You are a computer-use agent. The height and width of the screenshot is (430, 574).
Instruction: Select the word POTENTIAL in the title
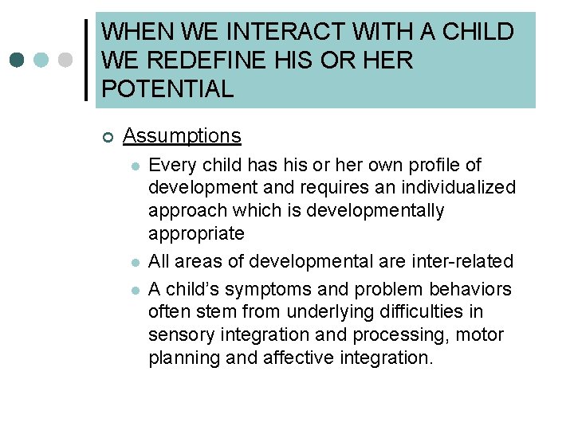167,88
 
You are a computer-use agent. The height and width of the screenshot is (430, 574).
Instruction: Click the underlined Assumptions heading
182,136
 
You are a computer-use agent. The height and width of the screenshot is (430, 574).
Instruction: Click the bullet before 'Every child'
136,166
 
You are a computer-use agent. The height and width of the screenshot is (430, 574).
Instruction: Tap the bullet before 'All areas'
136,262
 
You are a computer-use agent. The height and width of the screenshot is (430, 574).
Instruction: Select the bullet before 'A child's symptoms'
136,289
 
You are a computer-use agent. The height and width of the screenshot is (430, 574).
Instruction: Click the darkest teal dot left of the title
17,61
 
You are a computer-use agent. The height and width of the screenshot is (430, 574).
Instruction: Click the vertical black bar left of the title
87,61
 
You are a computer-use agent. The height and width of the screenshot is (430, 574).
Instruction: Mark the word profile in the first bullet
435,165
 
